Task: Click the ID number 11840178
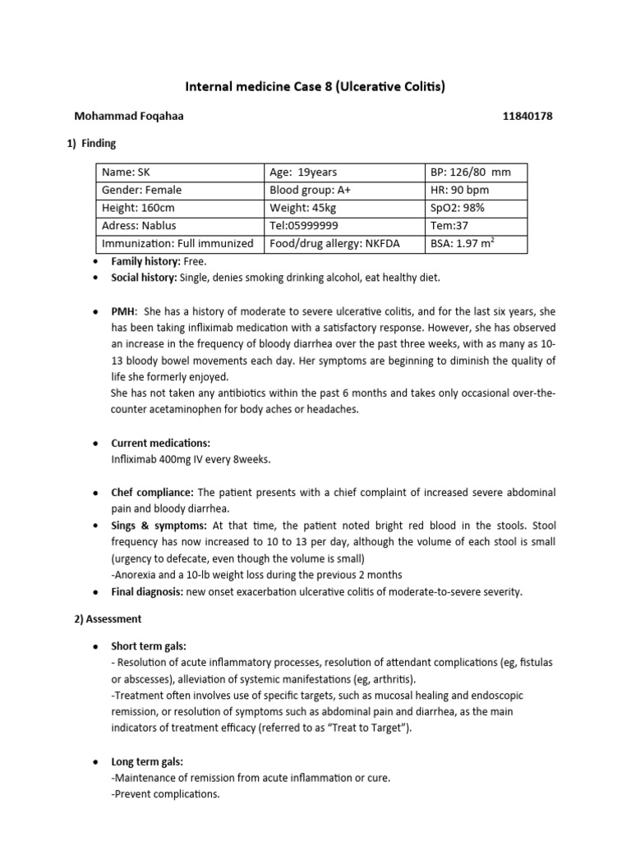click(527, 117)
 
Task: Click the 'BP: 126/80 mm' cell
click(471, 172)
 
